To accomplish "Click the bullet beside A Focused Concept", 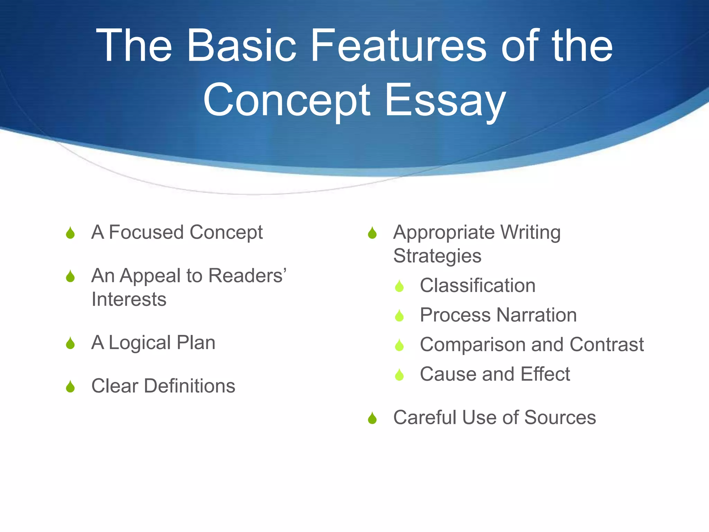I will coord(70,233).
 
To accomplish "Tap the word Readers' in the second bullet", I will coord(248,276).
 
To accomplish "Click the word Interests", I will coord(129,299).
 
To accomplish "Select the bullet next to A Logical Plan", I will coord(70,343).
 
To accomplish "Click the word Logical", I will coord(140,343).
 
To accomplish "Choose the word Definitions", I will coord(189,386).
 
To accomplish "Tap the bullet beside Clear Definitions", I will coord(70,387).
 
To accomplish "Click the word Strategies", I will coord(437,256).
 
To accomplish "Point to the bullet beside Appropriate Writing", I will coord(372,233).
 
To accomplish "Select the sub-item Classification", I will coord(477,285).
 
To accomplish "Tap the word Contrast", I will coord(607,344).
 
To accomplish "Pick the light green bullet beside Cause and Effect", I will coord(399,375).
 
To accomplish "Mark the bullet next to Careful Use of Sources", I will coord(372,418).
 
